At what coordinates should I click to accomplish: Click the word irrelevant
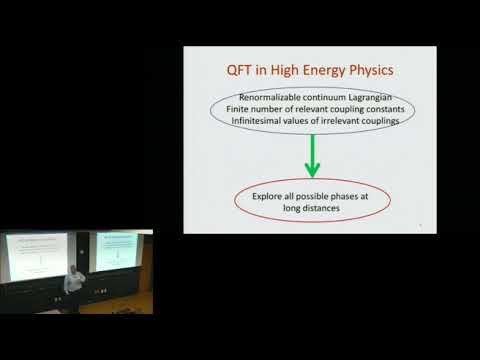[333, 120]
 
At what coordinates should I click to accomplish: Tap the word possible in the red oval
[318, 198]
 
